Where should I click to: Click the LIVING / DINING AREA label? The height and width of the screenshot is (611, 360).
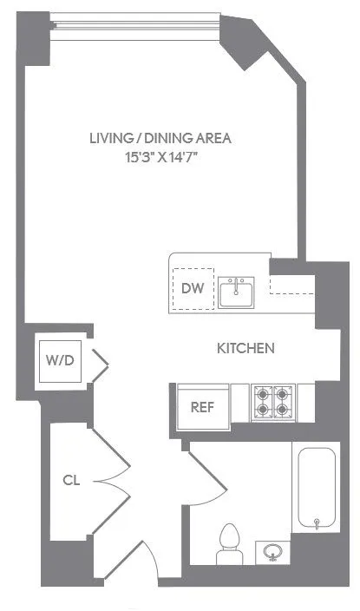161,137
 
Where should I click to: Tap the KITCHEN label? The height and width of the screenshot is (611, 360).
245,348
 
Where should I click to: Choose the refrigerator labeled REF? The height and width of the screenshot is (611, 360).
202,406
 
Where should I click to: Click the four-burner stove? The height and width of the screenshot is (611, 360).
272,403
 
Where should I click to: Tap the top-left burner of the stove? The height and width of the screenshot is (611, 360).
263,393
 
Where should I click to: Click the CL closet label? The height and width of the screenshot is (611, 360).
71,479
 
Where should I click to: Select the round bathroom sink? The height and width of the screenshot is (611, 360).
272,550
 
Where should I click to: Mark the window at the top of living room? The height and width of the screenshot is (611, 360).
134,26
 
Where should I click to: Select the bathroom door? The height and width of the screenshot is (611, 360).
206,474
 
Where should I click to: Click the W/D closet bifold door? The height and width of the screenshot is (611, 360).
98,363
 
